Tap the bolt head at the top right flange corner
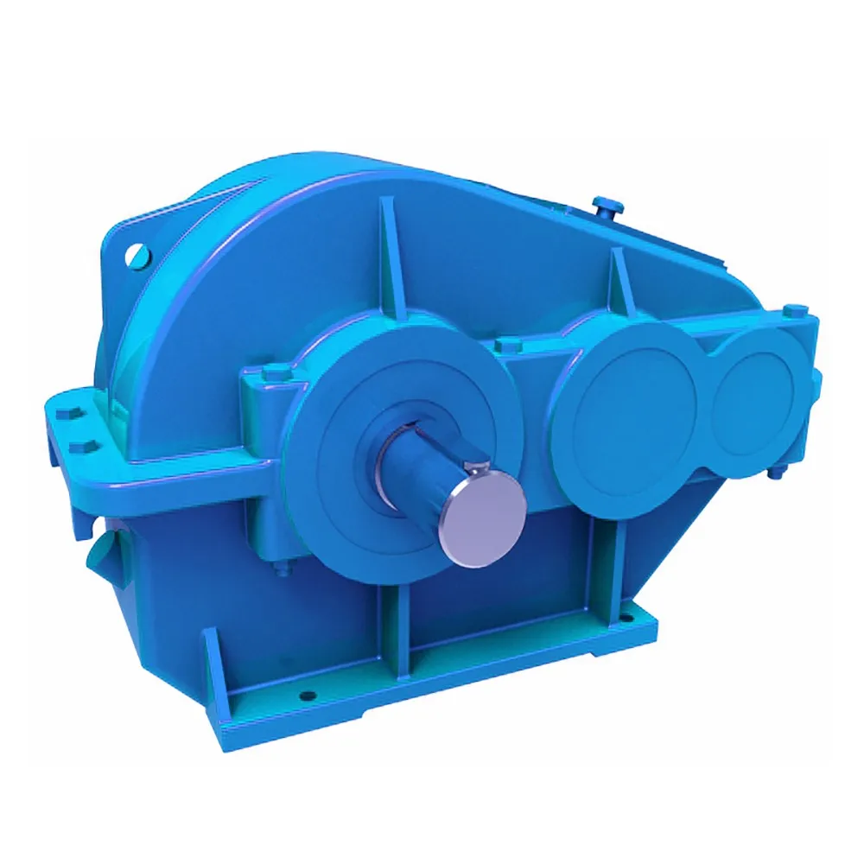[x=794, y=308]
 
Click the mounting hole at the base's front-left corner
[x=307, y=694]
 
